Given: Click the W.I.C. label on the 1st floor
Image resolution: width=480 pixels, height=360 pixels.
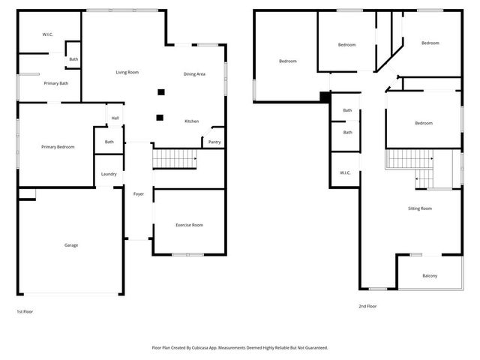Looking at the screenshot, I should (x=47, y=34).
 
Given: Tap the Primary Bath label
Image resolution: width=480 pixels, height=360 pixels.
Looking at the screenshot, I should (x=56, y=82).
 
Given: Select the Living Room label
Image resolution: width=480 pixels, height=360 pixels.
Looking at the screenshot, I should (x=127, y=72).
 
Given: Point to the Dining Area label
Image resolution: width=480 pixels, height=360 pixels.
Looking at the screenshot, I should (x=194, y=73).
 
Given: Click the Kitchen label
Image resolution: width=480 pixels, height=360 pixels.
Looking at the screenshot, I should (x=192, y=121).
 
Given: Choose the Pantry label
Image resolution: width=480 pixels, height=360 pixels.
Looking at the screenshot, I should (x=214, y=142).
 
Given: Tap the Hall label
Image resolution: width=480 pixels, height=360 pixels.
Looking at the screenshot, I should (x=115, y=118).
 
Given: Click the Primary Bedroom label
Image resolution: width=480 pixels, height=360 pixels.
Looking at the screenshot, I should (x=58, y=147).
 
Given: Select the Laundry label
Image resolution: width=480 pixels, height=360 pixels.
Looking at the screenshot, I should (x=109, y=174).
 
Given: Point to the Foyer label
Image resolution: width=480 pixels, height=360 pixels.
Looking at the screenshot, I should (x=139, y=193).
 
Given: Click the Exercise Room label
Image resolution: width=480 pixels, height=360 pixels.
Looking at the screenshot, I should (x=189, y=225).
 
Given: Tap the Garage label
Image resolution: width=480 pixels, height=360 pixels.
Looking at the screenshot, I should (x=71, y=245).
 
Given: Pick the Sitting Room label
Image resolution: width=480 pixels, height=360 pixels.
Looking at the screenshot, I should (x=420, y=208).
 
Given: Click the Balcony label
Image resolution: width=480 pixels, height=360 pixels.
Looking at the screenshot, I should (x=430, y=276).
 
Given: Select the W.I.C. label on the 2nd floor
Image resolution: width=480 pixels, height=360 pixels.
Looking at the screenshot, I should (x=345, y=172).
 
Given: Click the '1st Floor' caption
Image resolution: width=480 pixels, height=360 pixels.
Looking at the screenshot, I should (x=25, y=311).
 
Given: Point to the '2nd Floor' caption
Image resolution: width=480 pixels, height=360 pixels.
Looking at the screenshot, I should (x=367, y=306).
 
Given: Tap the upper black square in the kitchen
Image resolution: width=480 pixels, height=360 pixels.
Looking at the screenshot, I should (x=160, y=92).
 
